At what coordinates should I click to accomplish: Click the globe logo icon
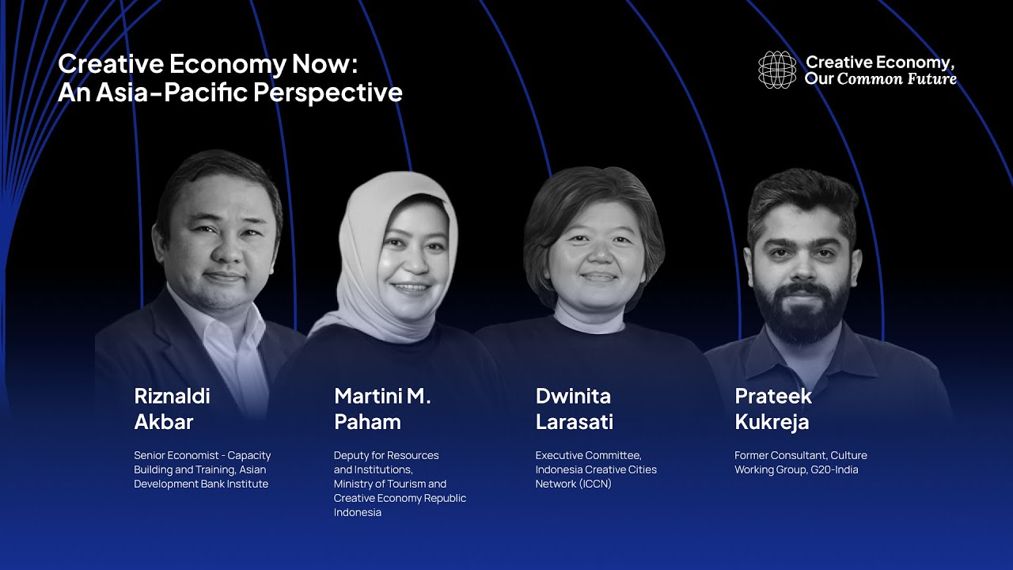[x=777, y=70]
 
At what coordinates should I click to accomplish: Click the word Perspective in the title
[x=328, y=93]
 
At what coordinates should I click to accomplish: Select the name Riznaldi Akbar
[x=172, y=408]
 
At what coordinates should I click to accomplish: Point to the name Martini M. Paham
[x=382, y=408]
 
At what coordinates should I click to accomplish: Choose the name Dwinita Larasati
[x=574, y=408]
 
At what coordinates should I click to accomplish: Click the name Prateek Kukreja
[x=772, y=408]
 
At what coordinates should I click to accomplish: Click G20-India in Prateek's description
[x=829, y=469]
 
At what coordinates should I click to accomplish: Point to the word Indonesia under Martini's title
[x=358, y=512]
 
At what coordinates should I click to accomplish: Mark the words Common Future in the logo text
[x=897, y=78]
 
